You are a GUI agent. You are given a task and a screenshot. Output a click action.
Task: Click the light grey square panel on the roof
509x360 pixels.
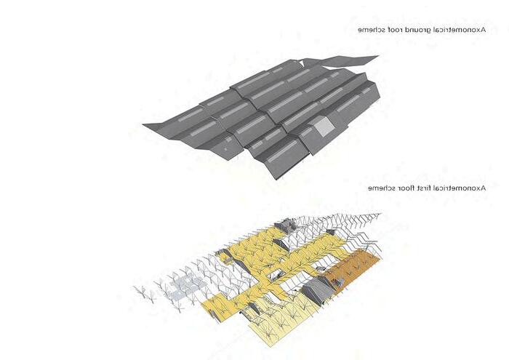pyautogui.click(x=323, y=129)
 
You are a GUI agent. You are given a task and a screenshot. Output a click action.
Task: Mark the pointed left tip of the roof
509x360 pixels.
pyautogui.click(x=144, y=126)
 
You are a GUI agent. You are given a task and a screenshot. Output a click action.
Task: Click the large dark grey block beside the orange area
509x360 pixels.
pyautogui.click(x=318, y=289)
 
